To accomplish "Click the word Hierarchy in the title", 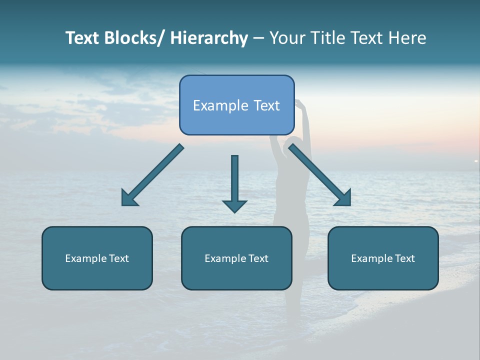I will pos(209,38).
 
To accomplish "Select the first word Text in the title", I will pos(82,38).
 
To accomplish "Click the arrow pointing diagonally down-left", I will pos(152,175).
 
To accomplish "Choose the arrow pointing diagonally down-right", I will pos(320,175).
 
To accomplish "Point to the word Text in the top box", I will pos(265,105).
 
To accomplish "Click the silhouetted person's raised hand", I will pos(299,103).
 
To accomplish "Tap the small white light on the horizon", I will pos(476,160).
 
